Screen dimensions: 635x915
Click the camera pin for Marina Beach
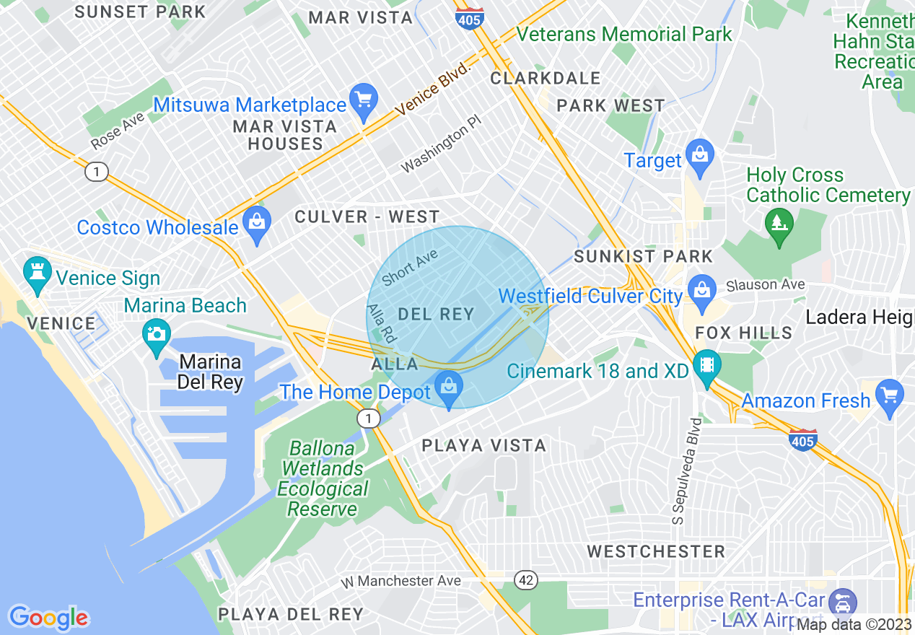[156, 333]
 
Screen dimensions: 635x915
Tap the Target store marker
[699, 154]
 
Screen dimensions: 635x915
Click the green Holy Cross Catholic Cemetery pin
[779, 223]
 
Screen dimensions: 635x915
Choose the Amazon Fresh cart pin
[889, 395]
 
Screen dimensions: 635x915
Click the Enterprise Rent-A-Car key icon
[841, 600]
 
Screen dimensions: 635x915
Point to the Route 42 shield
[525, 580]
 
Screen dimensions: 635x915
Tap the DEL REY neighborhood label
[436, 314]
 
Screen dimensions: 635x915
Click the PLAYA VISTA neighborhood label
[483, 445]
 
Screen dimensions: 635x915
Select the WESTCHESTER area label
[656, 552]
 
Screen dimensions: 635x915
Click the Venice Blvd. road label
[433, 90]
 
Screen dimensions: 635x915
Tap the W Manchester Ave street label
[400, 581]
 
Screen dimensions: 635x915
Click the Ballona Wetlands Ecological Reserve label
[323, 478]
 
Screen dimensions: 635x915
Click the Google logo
[48, 618]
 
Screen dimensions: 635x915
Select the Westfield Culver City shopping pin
[700, 290]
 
